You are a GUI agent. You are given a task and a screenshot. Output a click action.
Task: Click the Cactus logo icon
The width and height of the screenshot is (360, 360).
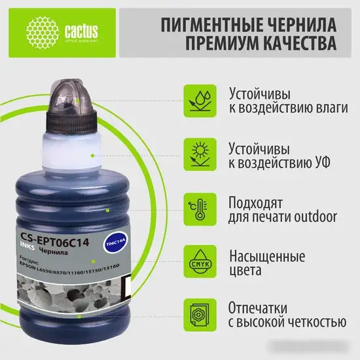41,29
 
